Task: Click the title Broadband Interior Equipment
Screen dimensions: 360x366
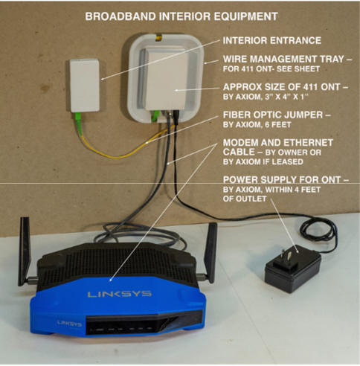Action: pyautogui.click(x=181, y=16)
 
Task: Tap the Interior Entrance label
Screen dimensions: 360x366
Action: pyautogui.click(x=272, y=40)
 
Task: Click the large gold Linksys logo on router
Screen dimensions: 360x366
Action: pyautogui.click(x=119, y=294)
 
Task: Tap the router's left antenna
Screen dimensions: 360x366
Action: pyautogui.click(x=25, y=251)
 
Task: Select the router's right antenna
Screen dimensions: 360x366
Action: pyautogui.click(x=210, y=252)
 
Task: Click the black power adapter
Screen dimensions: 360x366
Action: pyautogui.click(x=293, y=269)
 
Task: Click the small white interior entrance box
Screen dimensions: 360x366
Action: pyautogui.click(x=85, y=85)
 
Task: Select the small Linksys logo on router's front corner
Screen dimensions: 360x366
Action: pyautogui.click(x=70, y=324)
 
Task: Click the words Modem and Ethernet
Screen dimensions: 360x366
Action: pyautogui.click(x=277, y=143)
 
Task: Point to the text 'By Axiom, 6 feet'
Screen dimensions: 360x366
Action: pyautogui.click(x=257, y=124)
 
